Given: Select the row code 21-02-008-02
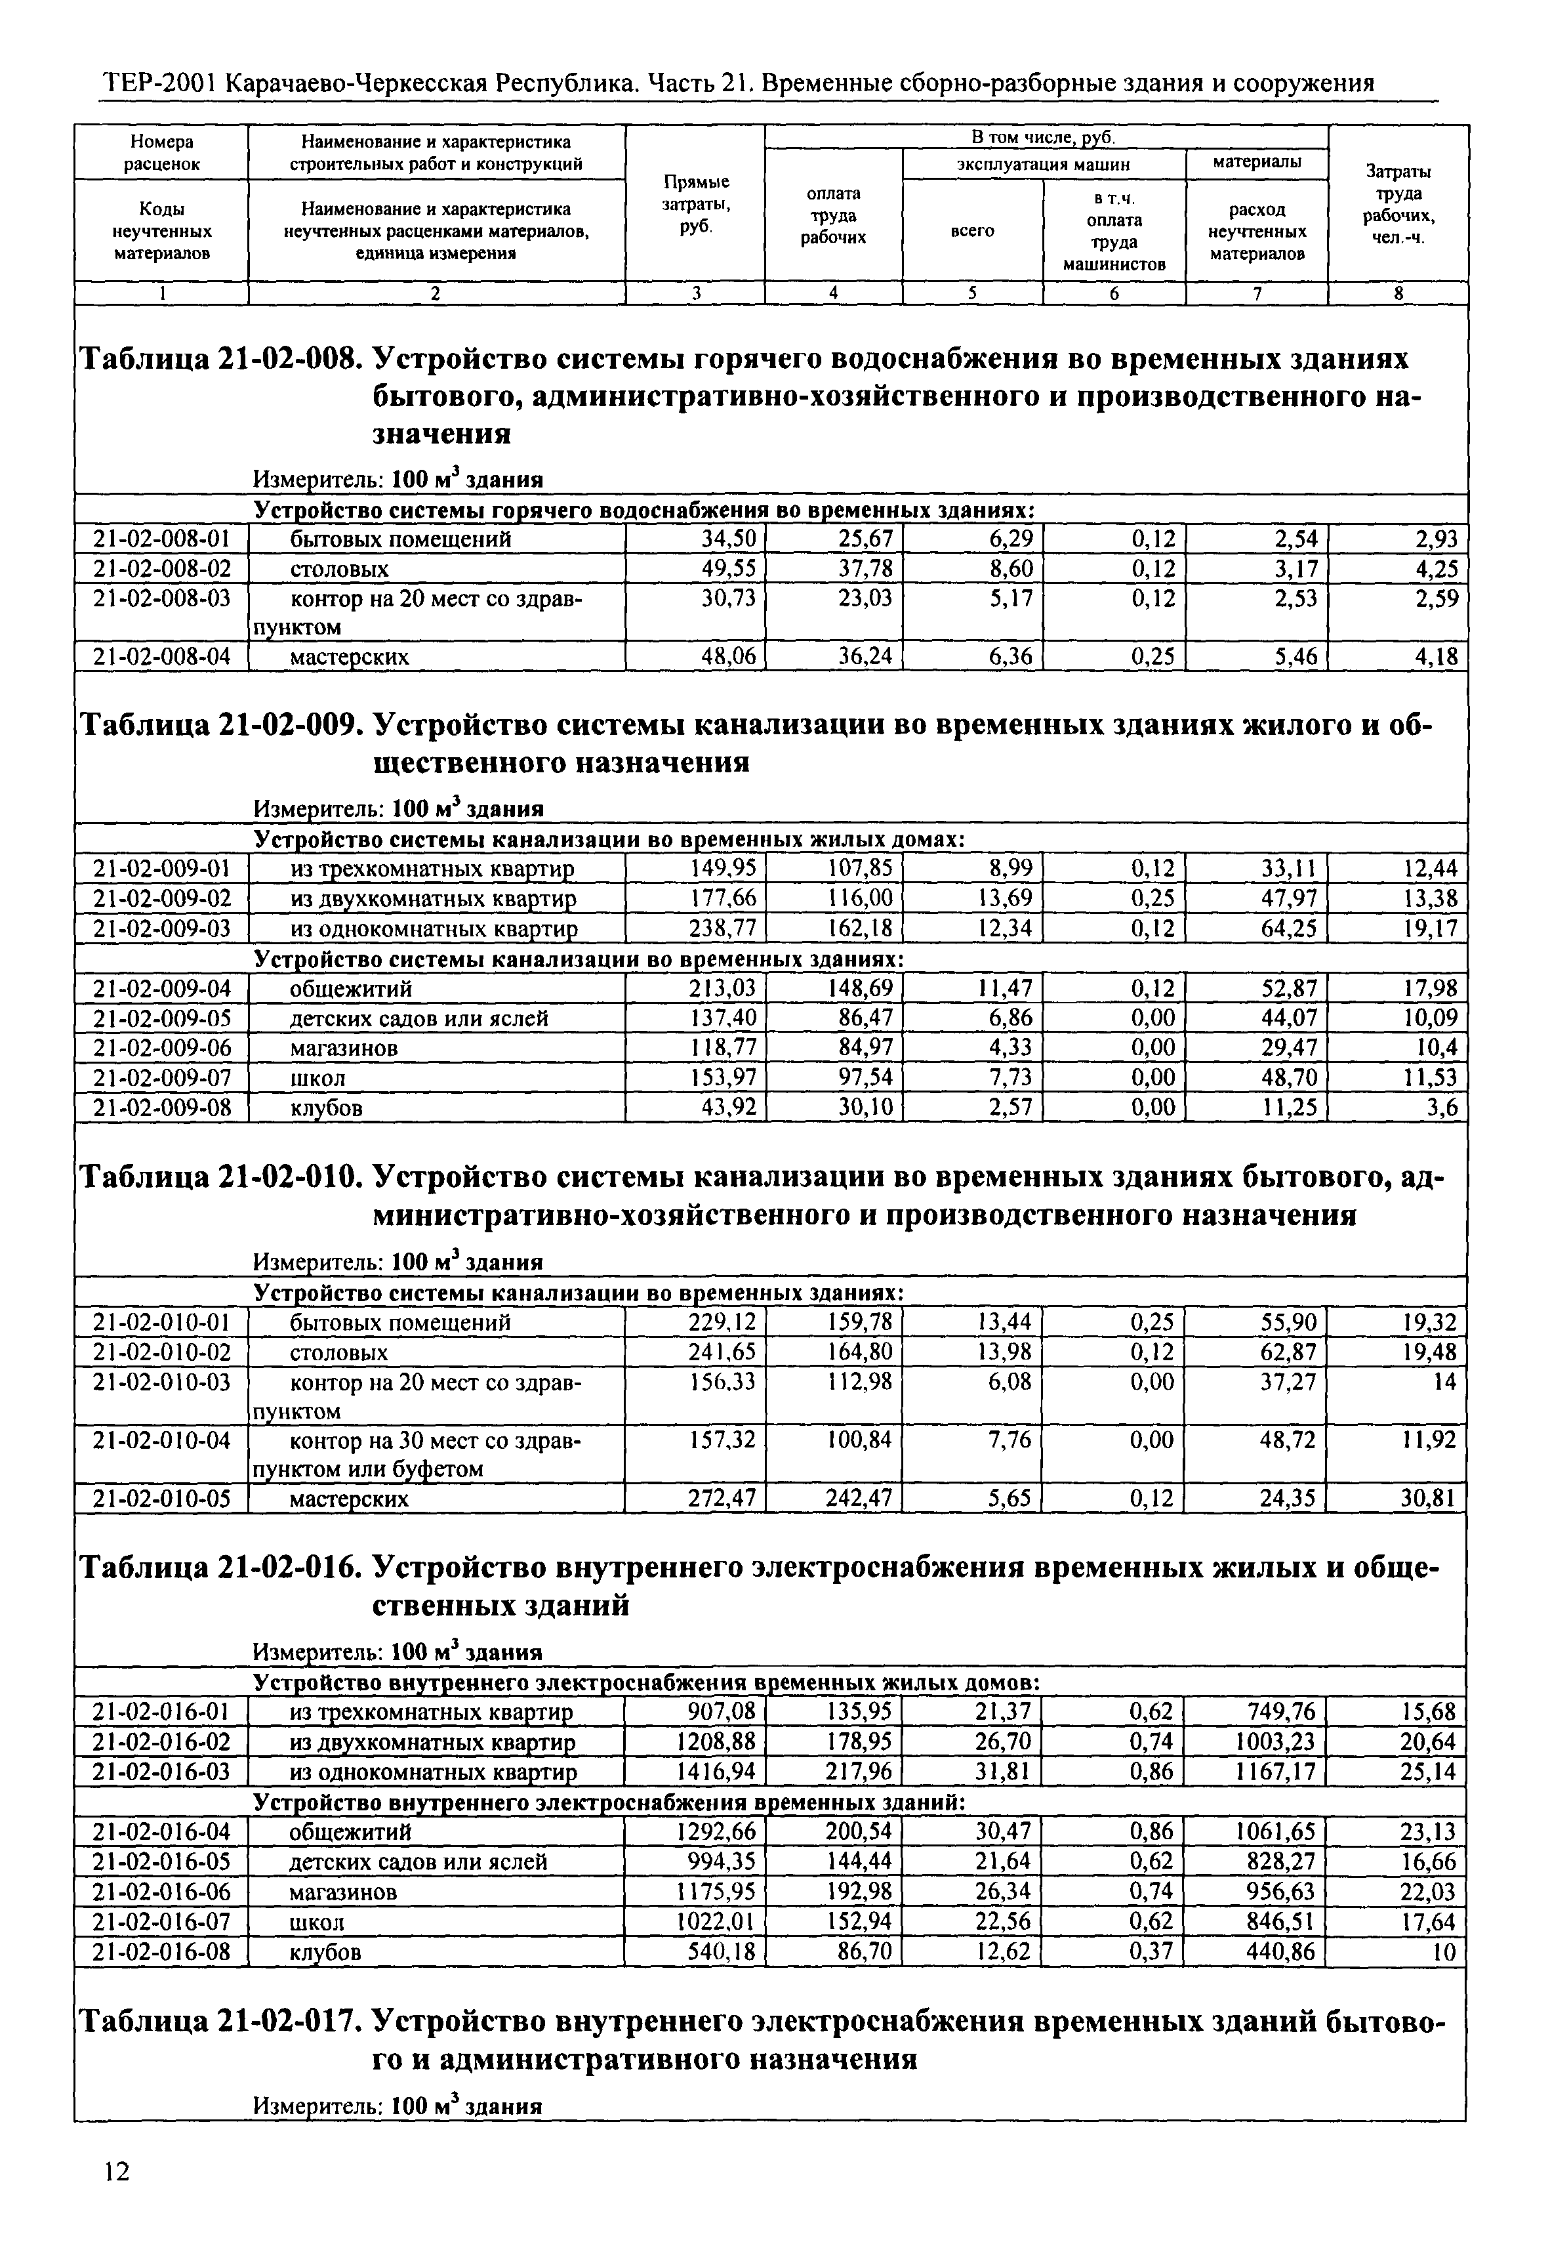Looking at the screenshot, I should (x=161, y=568).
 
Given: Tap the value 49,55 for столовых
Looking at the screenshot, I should (x=728, y=568).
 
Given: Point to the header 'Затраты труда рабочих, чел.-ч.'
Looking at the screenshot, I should (x=1398, y=204).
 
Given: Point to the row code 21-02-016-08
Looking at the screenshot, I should (x=161, y=1951).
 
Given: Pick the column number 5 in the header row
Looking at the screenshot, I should (x=972, y=293).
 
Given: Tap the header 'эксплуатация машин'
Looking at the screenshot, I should (x=1043, y=164).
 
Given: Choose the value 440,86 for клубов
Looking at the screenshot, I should (x=1281, y=1951).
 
